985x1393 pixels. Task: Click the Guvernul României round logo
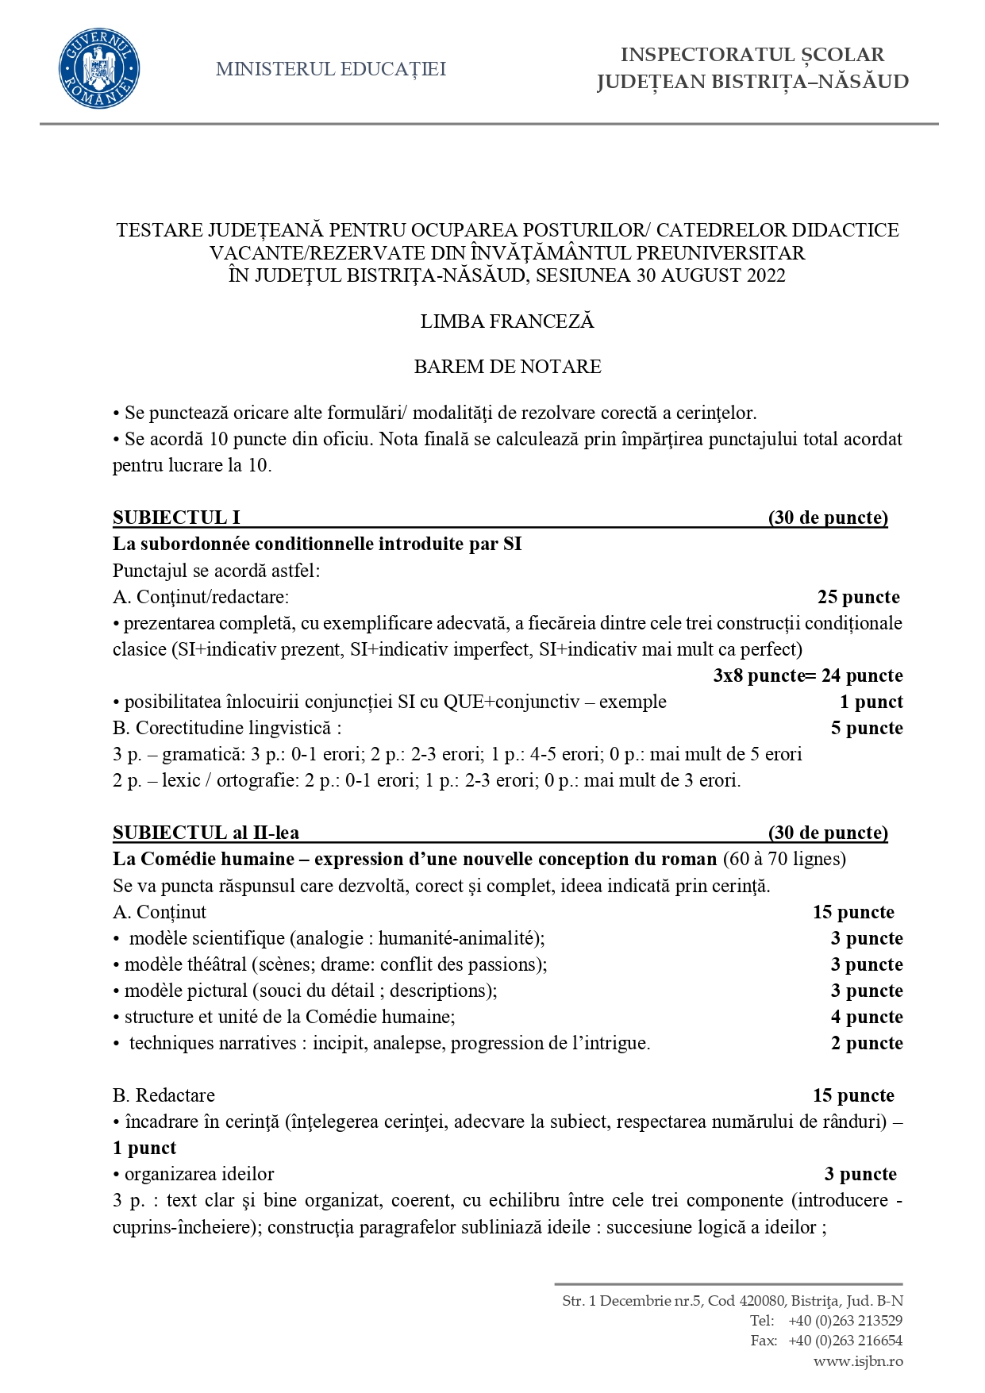point(99,68)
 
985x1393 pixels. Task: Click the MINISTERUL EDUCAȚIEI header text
point(330,69)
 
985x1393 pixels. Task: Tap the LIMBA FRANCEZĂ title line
point(507,321)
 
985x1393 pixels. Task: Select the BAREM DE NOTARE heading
point(507,367)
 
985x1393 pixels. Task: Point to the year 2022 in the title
point(766,276)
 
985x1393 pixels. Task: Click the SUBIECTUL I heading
point(176,518)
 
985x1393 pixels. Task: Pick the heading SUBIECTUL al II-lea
point(206,833)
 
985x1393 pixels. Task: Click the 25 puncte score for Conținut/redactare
point(858,597)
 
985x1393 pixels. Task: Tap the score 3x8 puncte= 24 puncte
point(807,675)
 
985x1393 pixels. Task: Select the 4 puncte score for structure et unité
point(866,1017)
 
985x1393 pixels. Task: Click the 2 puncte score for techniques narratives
point(866,1043)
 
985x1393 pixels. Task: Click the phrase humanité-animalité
point(460,938)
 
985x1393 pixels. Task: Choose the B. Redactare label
point(164,1095)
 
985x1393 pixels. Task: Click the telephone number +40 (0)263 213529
point(845,1321)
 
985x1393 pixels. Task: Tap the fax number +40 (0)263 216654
point(845,1341)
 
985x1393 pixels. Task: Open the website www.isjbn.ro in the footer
point(858,1361)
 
